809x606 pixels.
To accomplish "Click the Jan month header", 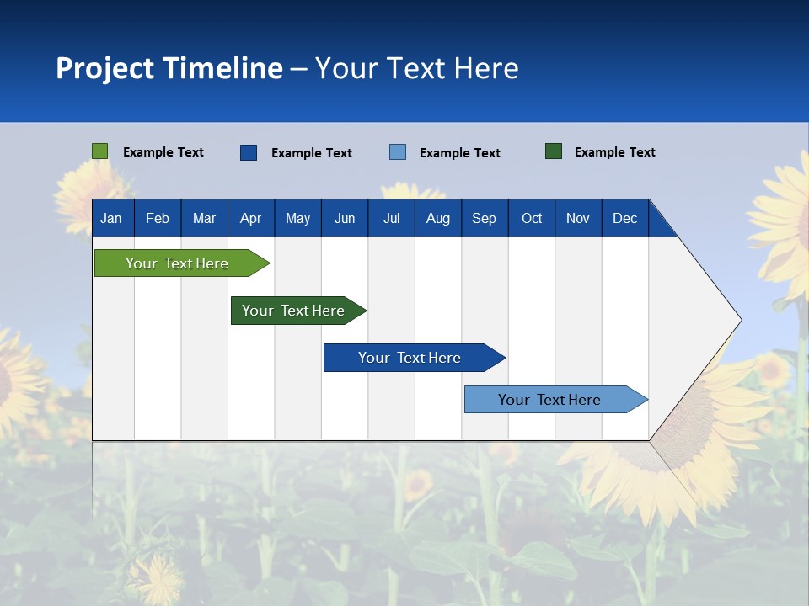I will tap(112, 218).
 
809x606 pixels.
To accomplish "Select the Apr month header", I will tap(251, 218).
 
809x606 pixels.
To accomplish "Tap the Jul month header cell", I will tap(391, 218).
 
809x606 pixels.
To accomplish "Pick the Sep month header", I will tap(485, 218).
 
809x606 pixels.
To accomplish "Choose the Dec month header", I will tap(624, 218).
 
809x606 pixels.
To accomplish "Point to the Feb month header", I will tap(158, 218).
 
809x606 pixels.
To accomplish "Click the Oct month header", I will tap(532, 218).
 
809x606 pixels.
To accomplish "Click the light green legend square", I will tap(100, 151).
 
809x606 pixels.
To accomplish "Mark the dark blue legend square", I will tap(249, 152).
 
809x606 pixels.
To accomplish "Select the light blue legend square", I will tap(398, 152).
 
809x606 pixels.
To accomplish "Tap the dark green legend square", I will tap(554, 151).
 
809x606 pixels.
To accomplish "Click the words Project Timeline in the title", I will tap(169, 68).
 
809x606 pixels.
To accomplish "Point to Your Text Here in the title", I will tap(417, 68).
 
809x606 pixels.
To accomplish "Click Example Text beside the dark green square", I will tap(614, 152).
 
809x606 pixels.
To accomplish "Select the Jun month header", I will tap(345, 218).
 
